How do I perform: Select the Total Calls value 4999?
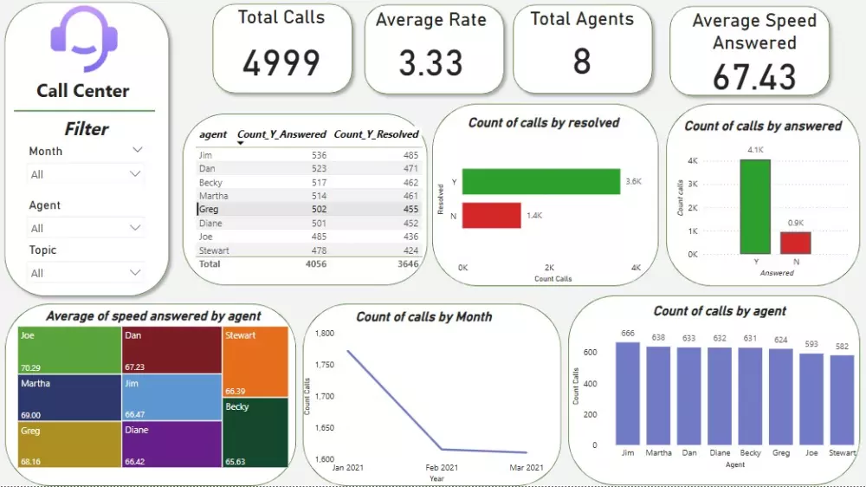(x=281, y=62)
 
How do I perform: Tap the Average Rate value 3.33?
(x=430, y=62)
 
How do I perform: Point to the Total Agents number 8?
(x=582, y=62)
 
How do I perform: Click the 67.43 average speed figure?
(x=754, y=76)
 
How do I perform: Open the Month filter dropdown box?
(x=85, y=174)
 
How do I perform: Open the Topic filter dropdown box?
(x=85, y=273)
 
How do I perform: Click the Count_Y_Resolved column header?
(x=376, y=134)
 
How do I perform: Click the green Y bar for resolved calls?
(x=541, y=181)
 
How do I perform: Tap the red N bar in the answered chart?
(x=795, y=243)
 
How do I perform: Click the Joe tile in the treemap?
(x=68, y=349)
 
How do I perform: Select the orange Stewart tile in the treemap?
(x=255, y=361)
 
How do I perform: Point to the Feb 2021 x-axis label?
(x=442, y=468)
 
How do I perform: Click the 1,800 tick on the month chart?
(x=324, y=334)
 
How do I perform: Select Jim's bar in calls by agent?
(x=628, y=392)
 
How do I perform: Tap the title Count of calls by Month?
(x=424, y=317)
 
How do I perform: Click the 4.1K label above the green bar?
(x=754, y=150)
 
